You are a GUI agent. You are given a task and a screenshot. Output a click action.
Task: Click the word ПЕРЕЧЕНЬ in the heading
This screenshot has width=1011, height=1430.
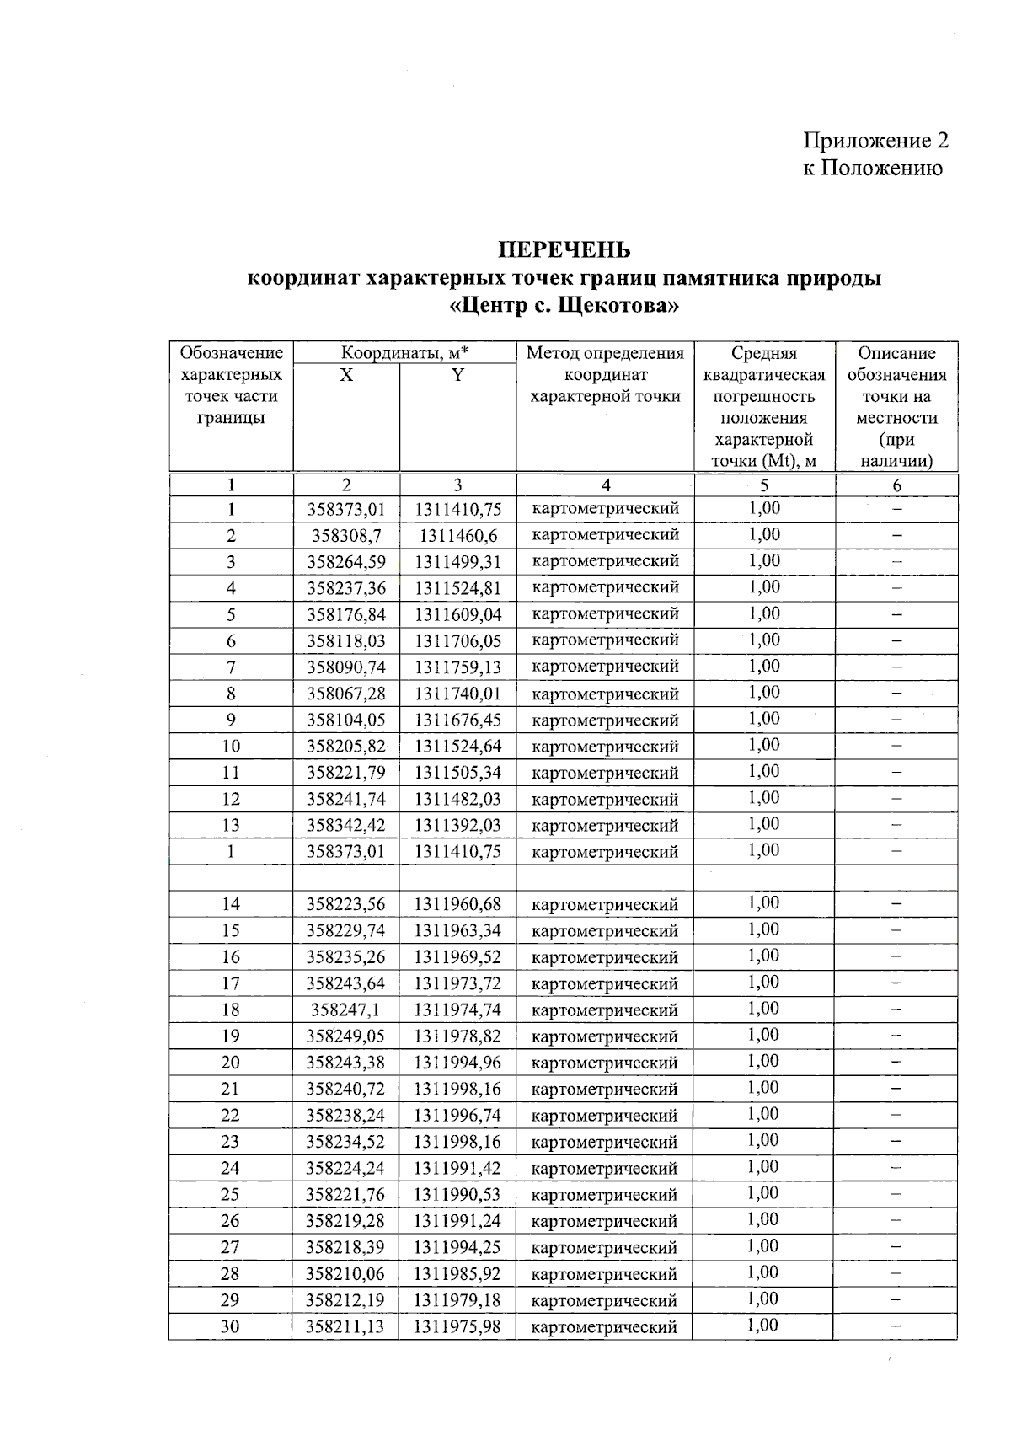coord(564,250)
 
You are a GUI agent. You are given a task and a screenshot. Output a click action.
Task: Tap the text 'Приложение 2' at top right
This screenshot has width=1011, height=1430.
coord(875,140)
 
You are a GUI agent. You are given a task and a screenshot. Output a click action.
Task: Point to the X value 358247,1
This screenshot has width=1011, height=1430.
coord(345,1010)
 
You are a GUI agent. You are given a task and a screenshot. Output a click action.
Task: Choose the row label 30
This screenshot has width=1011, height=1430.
coord(230,1326)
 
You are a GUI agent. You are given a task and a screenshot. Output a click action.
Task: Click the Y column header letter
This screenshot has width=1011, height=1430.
coord(457,376)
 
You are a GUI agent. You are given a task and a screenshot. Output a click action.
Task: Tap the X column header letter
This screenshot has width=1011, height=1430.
coord(346,376)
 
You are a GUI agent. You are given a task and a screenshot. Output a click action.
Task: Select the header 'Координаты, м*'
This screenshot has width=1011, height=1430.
coord(404,353)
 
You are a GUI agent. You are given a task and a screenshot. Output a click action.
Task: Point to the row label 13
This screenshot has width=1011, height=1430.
coord(230,825)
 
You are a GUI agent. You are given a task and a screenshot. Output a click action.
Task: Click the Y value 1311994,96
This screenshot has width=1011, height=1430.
coord(457,1062)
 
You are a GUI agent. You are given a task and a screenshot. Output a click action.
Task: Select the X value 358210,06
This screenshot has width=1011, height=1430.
coord(345,1273)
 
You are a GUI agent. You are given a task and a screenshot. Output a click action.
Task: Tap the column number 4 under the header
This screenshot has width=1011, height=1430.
coord(605,485)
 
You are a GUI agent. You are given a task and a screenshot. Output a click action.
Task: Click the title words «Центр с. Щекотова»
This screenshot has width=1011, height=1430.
coord(564,305)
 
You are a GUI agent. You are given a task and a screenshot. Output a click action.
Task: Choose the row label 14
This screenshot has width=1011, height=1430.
coord(230,904)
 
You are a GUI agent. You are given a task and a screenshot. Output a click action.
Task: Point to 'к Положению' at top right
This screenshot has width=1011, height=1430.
coord(872,168)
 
